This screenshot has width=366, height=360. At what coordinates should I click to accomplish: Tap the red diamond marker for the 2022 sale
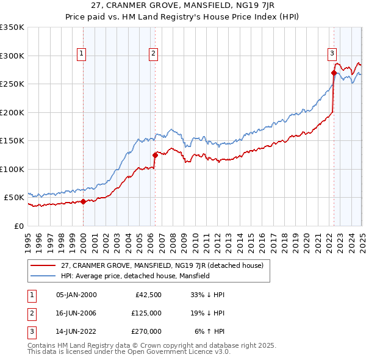pos(334,73)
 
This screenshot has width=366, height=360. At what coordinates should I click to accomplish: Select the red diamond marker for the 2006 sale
pos(155,155)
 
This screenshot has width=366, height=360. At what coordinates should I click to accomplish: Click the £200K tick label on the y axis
pos(12,112)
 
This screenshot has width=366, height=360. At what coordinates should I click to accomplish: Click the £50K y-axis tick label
pos(14,198)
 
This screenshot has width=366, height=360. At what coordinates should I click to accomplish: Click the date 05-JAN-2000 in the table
pos(76,295)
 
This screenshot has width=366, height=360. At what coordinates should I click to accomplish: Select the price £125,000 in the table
pos(146,313)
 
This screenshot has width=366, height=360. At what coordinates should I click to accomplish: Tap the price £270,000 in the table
pos(146,331)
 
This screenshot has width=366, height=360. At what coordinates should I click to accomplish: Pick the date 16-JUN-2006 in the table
pos(76,313)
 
